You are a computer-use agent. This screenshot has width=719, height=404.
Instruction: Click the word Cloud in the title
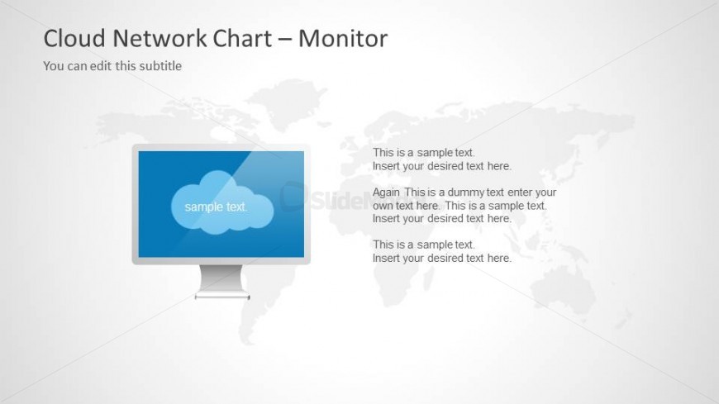pos(74,38)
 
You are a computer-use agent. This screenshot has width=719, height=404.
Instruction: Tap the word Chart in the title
pos(243,38)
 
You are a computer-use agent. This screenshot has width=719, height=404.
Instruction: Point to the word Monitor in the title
pos(343,38)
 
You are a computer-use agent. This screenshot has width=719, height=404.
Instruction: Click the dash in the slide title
pos(285,40)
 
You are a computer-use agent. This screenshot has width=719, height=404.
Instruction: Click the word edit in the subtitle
pos(101,66)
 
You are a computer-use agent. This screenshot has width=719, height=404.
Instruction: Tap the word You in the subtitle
pos(53,66)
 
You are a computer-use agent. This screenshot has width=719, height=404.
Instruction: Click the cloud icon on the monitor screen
pos(222,202)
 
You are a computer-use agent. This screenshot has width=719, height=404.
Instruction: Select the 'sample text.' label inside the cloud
pos(216,207)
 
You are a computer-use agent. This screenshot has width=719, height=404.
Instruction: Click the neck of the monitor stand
pos(221,278)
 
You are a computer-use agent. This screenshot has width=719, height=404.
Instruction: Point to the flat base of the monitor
pos(222,297)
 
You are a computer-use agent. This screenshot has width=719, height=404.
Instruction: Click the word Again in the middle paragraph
pos(386,192)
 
